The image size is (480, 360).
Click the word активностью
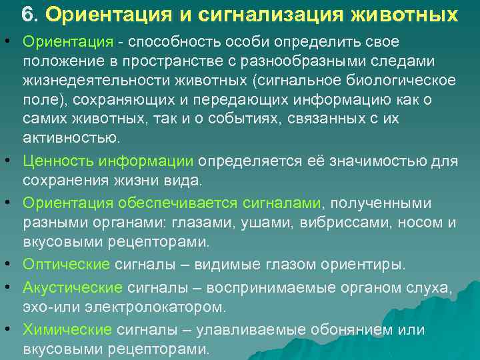point(71,138)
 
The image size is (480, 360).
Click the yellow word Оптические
point(65,264)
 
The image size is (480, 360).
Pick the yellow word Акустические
point(72,287)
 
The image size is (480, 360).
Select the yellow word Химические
point(67,329)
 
